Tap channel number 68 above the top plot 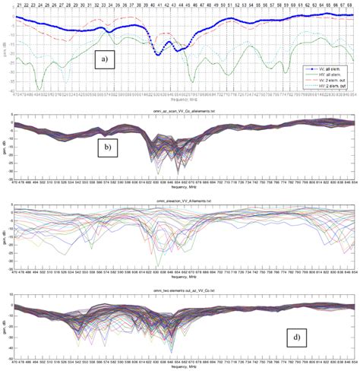pos(350,5)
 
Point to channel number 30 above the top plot pos(81,5)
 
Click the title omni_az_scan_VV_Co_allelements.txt pos(181,111)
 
